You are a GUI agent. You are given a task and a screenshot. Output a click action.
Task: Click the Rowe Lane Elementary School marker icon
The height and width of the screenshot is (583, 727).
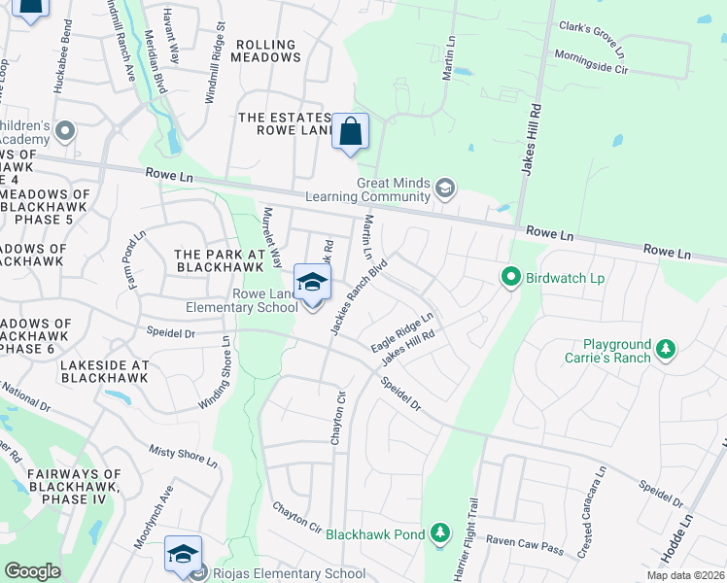[311, 283]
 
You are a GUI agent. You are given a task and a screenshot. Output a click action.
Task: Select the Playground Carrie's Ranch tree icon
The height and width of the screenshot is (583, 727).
[665, 348]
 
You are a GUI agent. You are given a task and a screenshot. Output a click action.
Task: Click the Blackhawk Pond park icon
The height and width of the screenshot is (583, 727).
[440, 532]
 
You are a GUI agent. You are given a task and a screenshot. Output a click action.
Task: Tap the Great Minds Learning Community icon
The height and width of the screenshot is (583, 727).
[445, 188]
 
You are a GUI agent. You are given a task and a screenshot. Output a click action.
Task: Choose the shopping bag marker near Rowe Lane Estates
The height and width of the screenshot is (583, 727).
[350, 132]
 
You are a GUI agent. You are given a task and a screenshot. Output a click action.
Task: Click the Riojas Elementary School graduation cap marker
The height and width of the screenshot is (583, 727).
[183, 554]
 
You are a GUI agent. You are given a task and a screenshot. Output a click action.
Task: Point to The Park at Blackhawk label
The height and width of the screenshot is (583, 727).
[220, 260]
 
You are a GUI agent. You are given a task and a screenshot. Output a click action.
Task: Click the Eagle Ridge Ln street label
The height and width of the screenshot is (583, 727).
[400, 333]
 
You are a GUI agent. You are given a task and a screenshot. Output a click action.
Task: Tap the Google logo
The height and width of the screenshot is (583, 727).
[32, 571]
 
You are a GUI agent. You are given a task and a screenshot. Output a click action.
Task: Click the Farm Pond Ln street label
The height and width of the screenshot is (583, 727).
[133, 259]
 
